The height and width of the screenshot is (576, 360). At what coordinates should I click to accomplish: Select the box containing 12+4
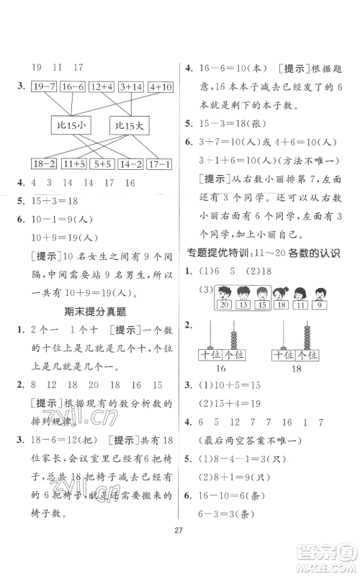102,88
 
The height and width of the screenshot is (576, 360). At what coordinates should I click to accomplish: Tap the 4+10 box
158,88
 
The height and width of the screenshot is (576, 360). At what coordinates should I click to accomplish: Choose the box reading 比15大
129,127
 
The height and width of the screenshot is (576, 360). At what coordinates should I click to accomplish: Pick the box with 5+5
102,164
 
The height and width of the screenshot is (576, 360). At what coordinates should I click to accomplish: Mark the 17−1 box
158,164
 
